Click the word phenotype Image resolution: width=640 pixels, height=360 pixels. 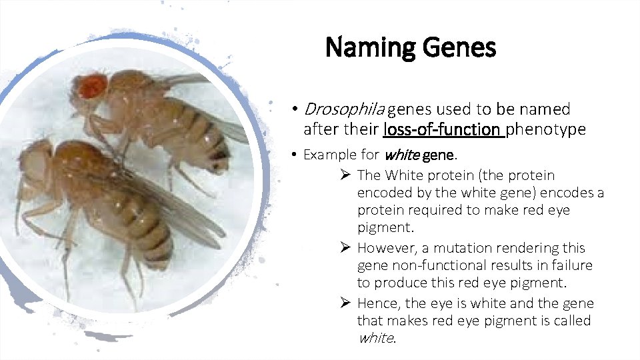point(547,129)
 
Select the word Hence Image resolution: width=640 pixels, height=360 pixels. point(377,303)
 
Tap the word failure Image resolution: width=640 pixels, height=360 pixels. point(571,265)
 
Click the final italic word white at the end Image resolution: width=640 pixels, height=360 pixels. point(376,338)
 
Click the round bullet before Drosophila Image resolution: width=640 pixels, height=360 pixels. point(294,109)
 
